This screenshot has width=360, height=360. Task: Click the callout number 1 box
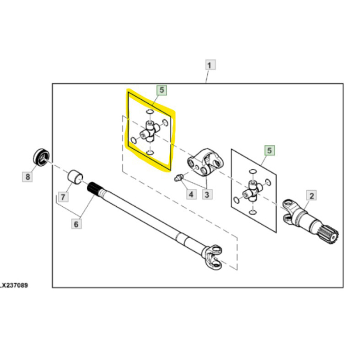pos(210,65)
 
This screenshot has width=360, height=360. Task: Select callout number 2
pos(311,196)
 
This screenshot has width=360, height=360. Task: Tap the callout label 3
pos(207,195)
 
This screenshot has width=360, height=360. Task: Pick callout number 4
pos(191,194)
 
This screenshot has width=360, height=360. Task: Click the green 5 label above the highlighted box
pos(161,90)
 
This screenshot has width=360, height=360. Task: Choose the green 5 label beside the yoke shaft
pos(269,151)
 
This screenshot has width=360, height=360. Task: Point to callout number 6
pos(76,224)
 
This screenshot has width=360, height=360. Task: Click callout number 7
pos(63,197)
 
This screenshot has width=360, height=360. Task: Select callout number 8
pos(27,177)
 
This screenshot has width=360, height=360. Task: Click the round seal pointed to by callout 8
pos(42,157)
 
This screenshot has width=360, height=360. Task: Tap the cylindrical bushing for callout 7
pos(75,176)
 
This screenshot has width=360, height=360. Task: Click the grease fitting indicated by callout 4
pos(178,178)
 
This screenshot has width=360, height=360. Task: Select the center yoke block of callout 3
pos(206,162)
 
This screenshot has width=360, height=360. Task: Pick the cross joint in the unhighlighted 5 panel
pos(253,191)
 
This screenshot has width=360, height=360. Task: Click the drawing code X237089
pos(14,285)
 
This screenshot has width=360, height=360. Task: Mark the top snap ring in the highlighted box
pos(150,112)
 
